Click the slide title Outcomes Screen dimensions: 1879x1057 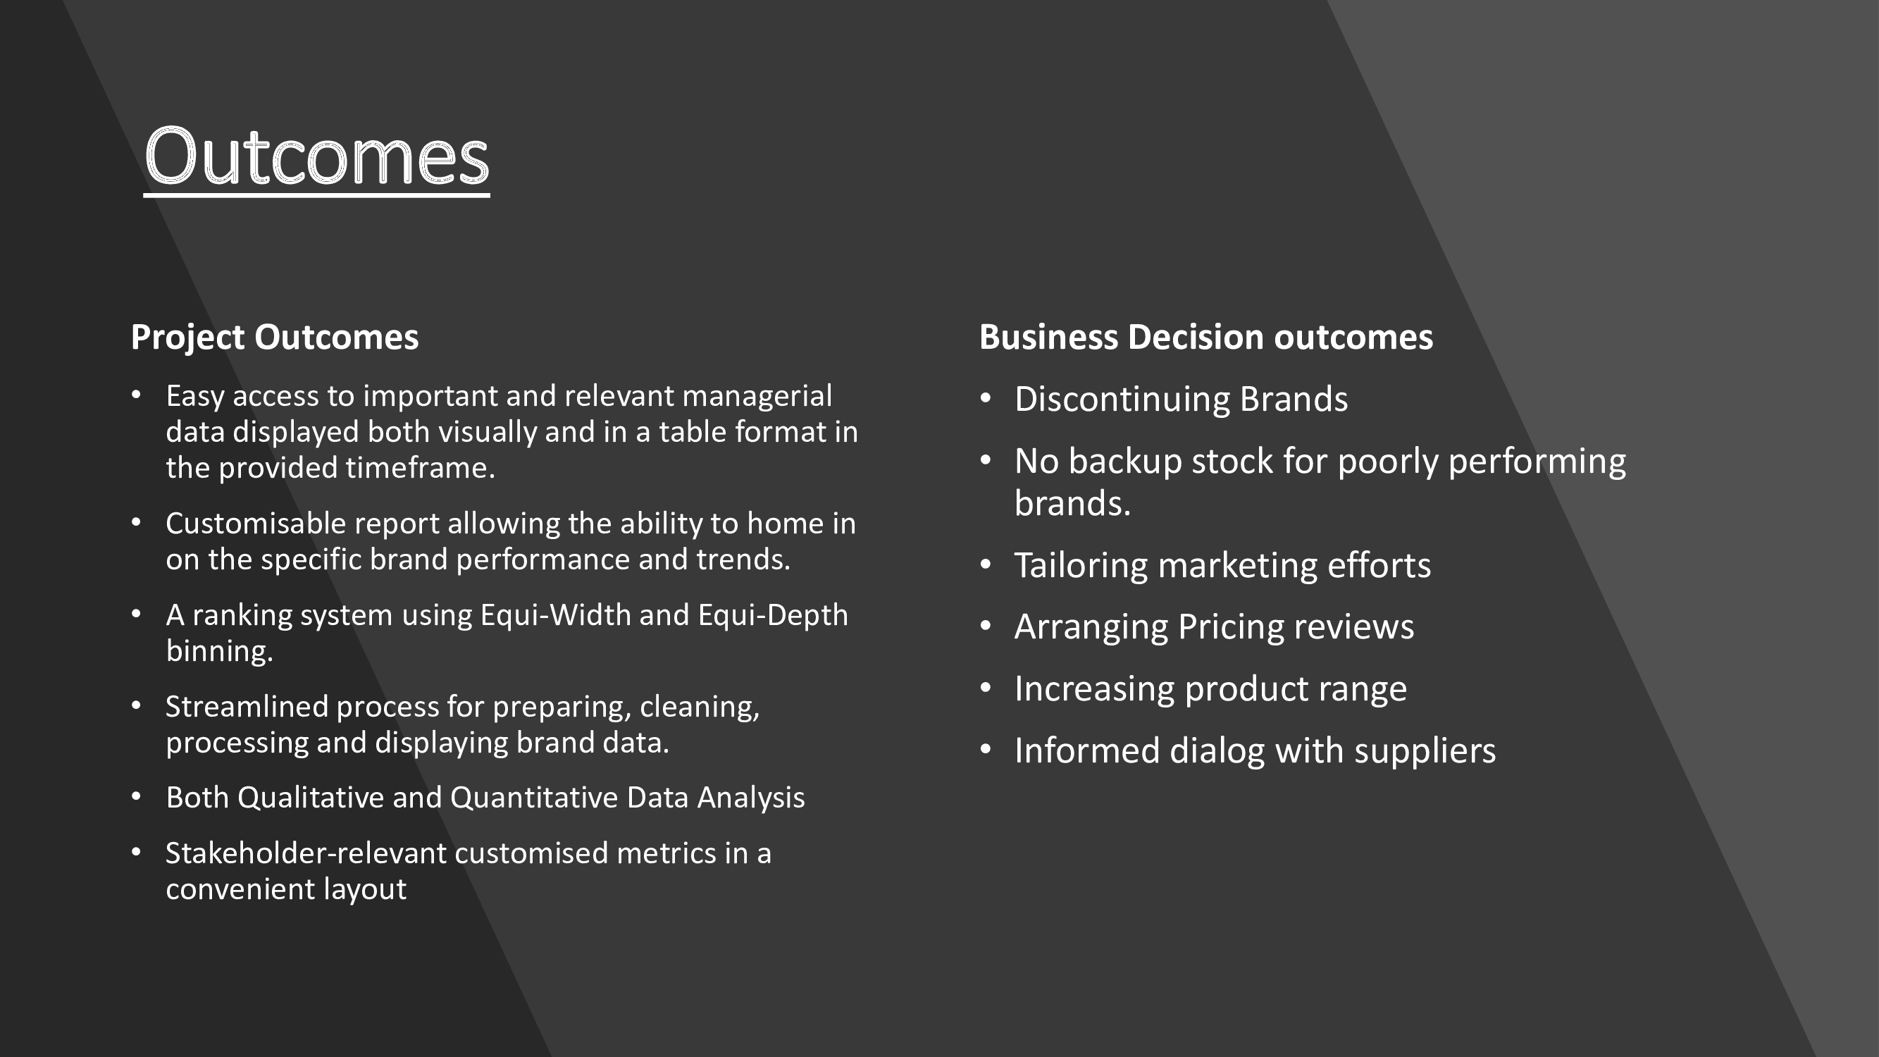(316, 156)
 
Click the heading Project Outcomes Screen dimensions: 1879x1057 (275, 338)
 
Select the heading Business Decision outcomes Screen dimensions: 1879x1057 (1205, 338)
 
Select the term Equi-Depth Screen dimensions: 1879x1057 (773, 616)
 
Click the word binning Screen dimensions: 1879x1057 (220, 651)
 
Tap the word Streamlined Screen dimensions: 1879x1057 (247, 707)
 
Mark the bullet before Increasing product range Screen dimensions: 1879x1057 (986, 688)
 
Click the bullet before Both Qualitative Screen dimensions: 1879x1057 (137, 796)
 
